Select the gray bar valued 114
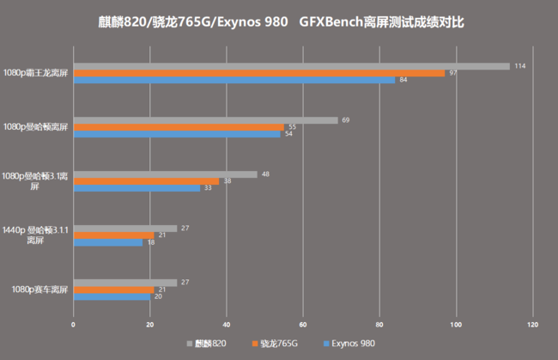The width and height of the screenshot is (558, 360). (291, 66)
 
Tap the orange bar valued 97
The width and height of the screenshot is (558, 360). (258, 73)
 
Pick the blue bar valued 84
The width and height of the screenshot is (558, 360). (234, 81)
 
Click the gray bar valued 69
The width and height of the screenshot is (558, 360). (205, 120)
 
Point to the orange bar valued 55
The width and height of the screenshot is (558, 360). (179, 127)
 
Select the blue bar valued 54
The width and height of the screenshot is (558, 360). (176, 134)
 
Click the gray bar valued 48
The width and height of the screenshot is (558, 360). (165, 174)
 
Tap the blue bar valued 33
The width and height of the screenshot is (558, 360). (136, 188)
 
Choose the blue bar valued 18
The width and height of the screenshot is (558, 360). (107, 242)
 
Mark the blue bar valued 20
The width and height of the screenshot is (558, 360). (112, 296)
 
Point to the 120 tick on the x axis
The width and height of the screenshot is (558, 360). (533, 325)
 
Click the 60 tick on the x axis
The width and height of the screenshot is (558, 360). (303, 325)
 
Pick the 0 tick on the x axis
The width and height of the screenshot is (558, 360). (73, 325)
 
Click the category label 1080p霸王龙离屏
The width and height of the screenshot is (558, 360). (35, 73)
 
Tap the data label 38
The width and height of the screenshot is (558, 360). (227, 181)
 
